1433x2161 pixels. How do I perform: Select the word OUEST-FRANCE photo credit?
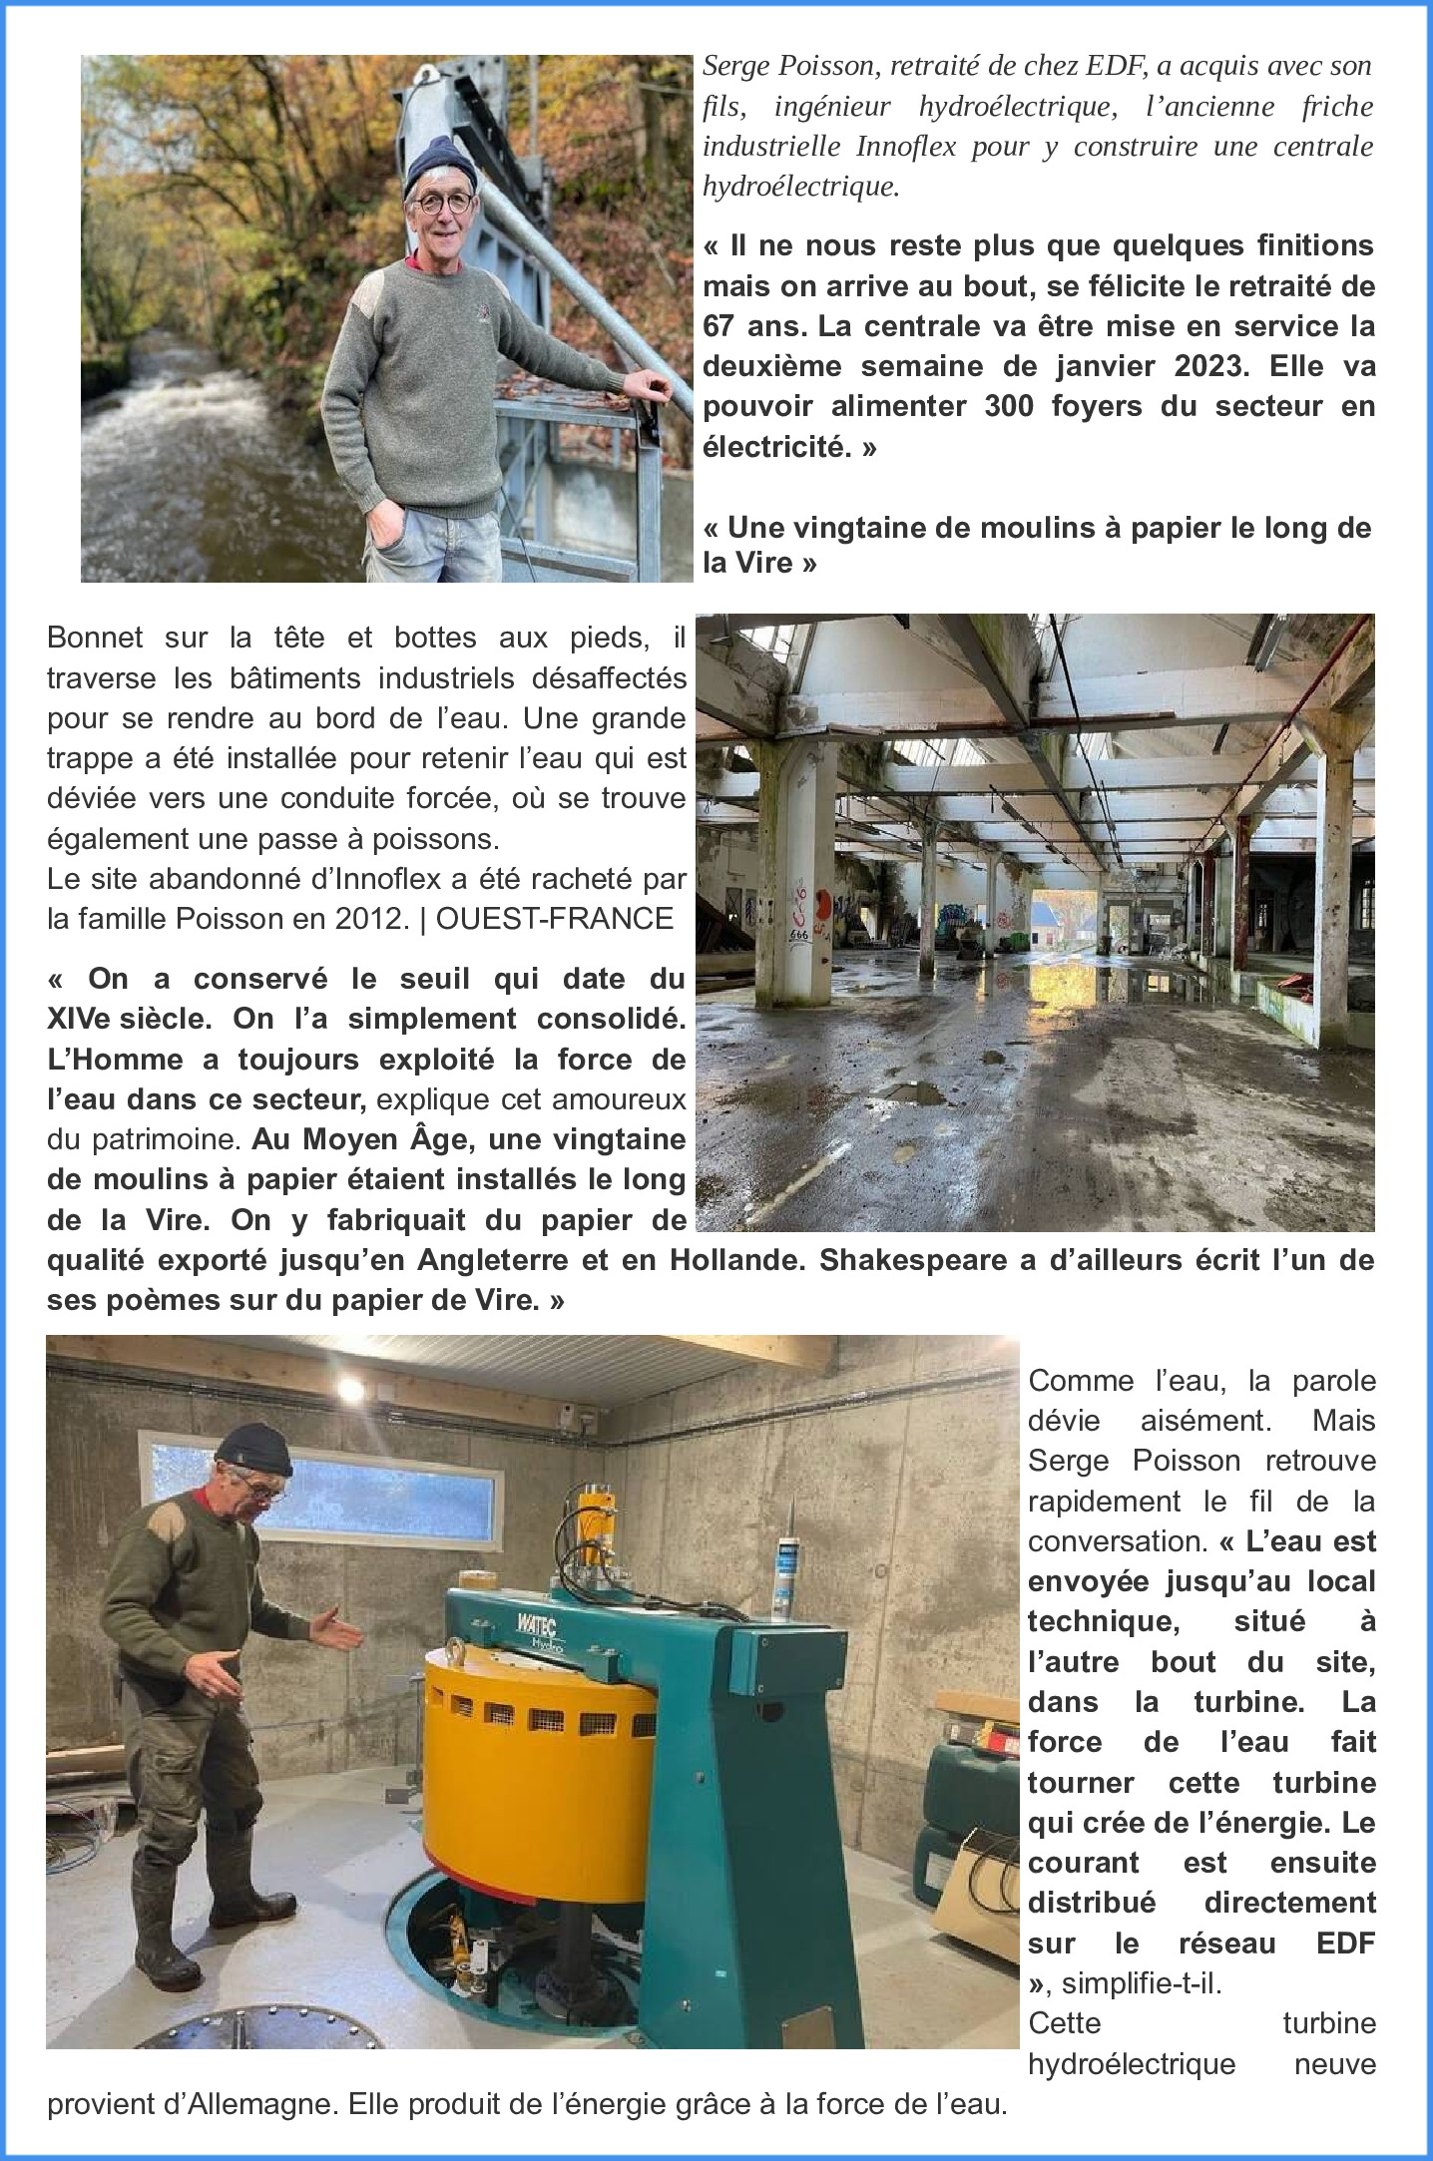click(555, 918)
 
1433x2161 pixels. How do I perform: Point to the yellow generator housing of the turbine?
click(509, 1736)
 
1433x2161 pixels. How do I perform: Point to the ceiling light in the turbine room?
click(350, 1387)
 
